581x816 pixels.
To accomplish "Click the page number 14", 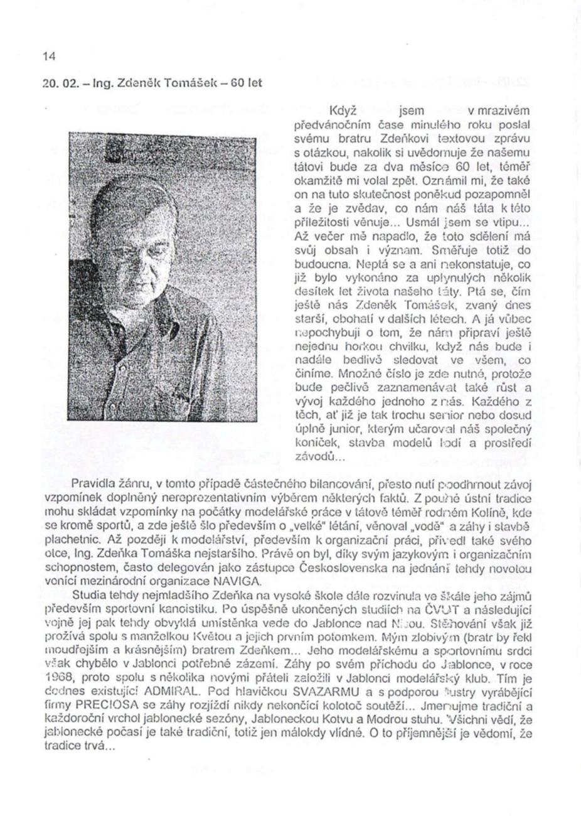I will [49, 56].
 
